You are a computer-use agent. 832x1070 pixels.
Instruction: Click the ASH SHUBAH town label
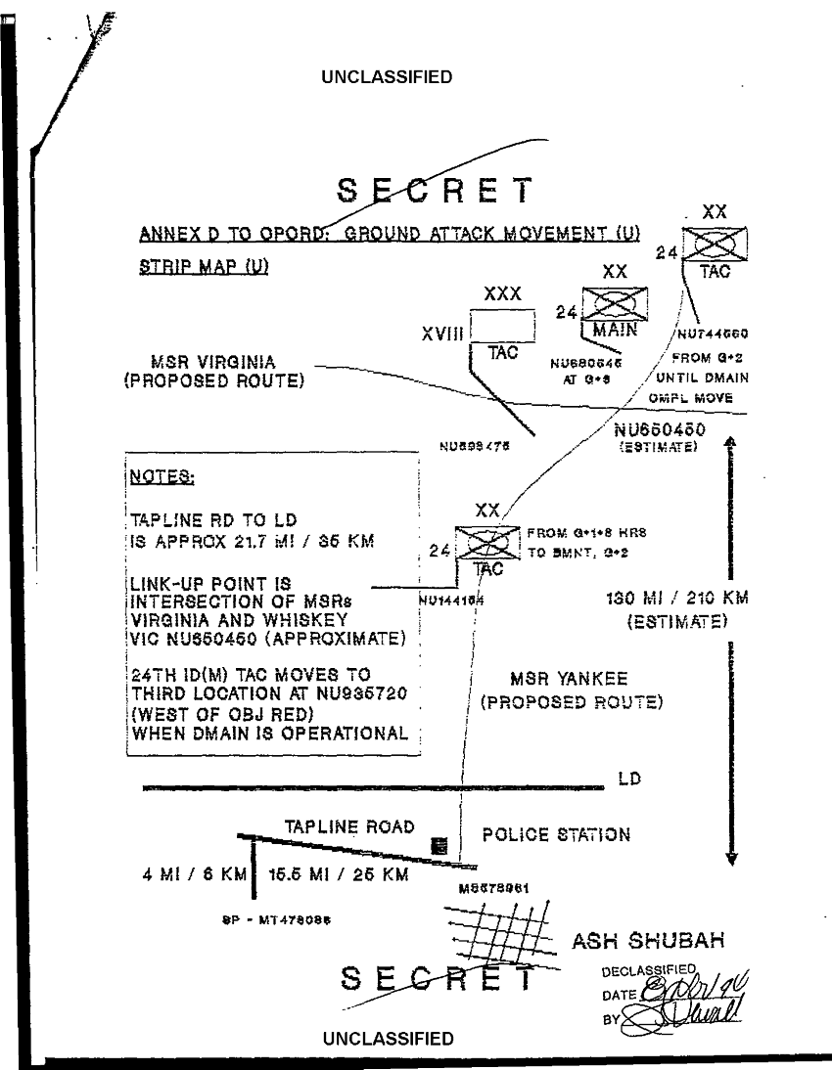(647, 943)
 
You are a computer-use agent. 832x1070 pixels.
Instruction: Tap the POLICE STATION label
(557, 835)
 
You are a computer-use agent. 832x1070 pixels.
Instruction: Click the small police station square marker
(439, 845)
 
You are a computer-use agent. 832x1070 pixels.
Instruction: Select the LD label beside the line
(629, 780)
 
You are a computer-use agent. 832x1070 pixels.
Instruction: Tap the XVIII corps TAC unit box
(502, 325)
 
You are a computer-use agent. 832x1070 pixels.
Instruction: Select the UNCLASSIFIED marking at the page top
(387, 78)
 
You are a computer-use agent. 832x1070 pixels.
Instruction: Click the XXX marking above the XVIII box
(503, 292)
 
